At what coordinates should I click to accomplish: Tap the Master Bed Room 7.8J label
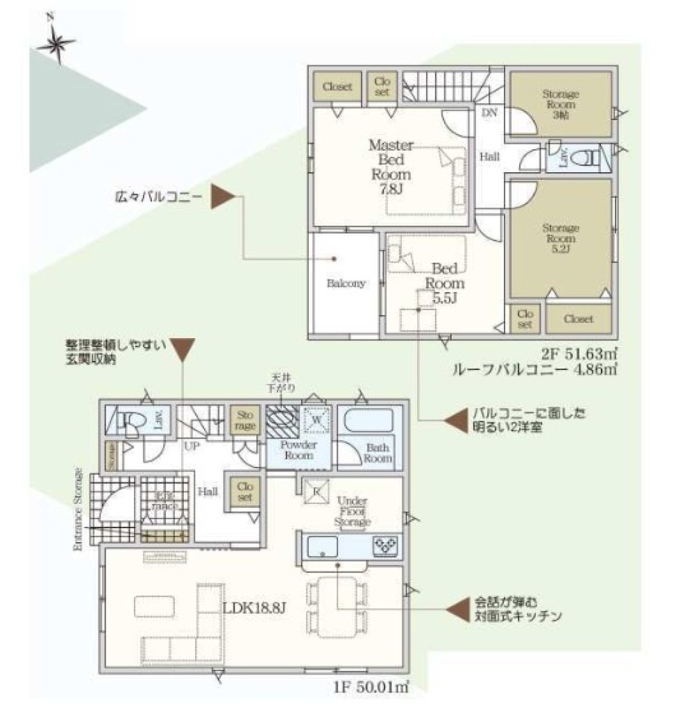(x=391, y=167)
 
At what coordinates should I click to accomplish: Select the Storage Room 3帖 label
(x=561, y=104)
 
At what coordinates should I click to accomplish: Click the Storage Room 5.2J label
(x=561, y=237)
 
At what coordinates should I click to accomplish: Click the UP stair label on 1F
(x=192, y=446)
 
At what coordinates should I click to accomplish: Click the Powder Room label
(x=298, y=450)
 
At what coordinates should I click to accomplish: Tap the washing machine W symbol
(x=316, y=419)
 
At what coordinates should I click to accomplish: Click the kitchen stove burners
(x=384, y=545)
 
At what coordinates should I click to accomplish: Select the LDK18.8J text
(x=255, y=609)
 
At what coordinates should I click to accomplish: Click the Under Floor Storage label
(x=353, y=511)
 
